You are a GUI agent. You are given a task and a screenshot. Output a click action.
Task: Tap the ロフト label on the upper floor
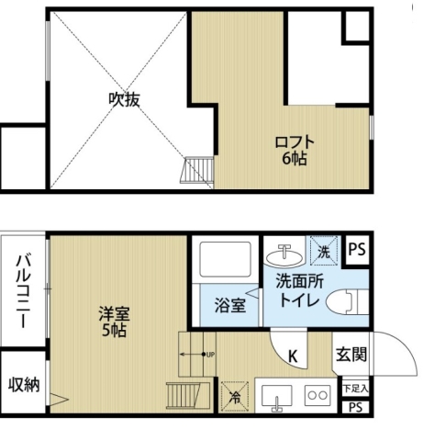pos(295,142)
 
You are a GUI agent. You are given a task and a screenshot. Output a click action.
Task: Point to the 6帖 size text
pos(295,159)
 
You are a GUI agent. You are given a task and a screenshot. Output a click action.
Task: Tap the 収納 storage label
pos(24,384)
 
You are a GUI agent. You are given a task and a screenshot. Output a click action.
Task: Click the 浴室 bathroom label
pos(230,305)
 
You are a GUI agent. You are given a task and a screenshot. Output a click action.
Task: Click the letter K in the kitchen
pos(293,356)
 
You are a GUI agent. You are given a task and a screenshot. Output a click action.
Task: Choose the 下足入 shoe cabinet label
pos(354,390)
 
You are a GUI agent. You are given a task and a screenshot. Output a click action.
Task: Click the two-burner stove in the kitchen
pos(317,396)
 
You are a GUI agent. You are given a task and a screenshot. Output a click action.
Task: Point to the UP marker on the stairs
pos(210,354)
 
